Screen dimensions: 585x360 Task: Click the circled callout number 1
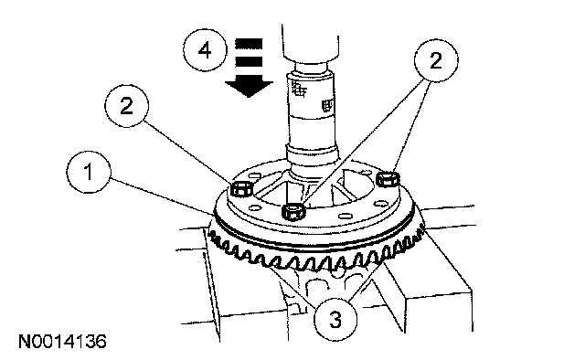pos(89,172)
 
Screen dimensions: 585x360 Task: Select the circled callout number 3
pos(335,319)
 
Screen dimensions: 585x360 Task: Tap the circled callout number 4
pos(205,50)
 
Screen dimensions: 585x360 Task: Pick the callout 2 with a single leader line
pos(126,106)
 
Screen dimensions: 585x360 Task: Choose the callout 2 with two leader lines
pos(436,60)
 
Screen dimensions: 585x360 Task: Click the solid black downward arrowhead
pos(249,89)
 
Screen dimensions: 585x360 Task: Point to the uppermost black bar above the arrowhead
pos(249,44)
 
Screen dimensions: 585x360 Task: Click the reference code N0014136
pos(62,342)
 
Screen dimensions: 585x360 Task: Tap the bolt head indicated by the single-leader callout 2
pos(241,189)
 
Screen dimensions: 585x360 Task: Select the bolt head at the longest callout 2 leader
pos(294,213)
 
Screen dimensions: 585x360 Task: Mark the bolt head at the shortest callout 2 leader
pos(388,179)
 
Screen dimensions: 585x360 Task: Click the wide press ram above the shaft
pos(311,41)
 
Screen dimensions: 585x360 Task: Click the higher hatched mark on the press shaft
pos(299,89)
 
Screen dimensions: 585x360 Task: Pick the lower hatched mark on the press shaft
pos(326,105)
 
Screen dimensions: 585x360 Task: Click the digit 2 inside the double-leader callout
pos(436,60)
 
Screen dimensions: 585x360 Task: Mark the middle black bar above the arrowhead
pos(249,61)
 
